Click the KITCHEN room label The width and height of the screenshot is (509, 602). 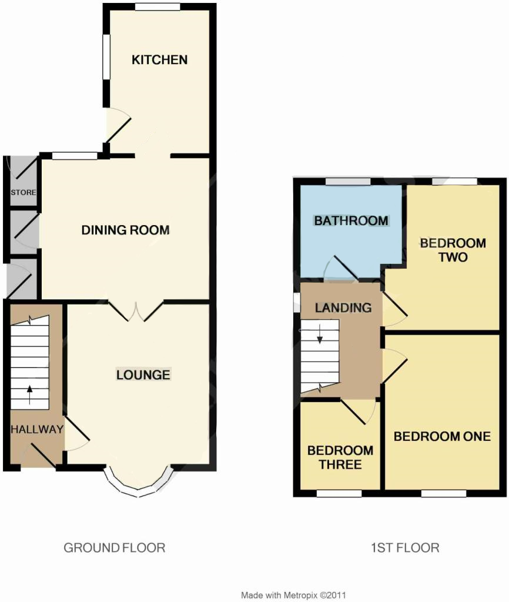coord(159,60)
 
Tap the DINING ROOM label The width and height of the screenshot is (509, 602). coord(126,230)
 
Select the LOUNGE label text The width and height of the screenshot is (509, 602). coord(143,374)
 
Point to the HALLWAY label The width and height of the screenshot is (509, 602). coord(37,429)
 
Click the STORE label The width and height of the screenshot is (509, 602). coord(24,192)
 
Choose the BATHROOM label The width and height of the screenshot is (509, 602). coord(351,221)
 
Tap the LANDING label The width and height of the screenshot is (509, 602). coord(343,307)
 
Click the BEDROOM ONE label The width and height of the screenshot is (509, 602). coord(442,436)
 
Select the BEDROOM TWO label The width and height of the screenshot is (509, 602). coord(453,250)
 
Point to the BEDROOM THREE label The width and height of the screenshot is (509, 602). coord(340,457)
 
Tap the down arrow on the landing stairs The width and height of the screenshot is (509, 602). coord(320,333)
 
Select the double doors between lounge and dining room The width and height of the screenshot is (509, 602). coord(136,311)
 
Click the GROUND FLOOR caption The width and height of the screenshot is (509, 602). coord(115,547)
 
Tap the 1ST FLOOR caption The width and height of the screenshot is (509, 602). coord(405,547)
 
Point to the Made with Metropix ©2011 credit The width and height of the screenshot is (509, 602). coord(293,595)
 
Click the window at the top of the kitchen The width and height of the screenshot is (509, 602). coord(158,6)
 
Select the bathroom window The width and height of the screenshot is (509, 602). coord(348,182)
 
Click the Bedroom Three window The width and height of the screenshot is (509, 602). coord(339,493)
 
